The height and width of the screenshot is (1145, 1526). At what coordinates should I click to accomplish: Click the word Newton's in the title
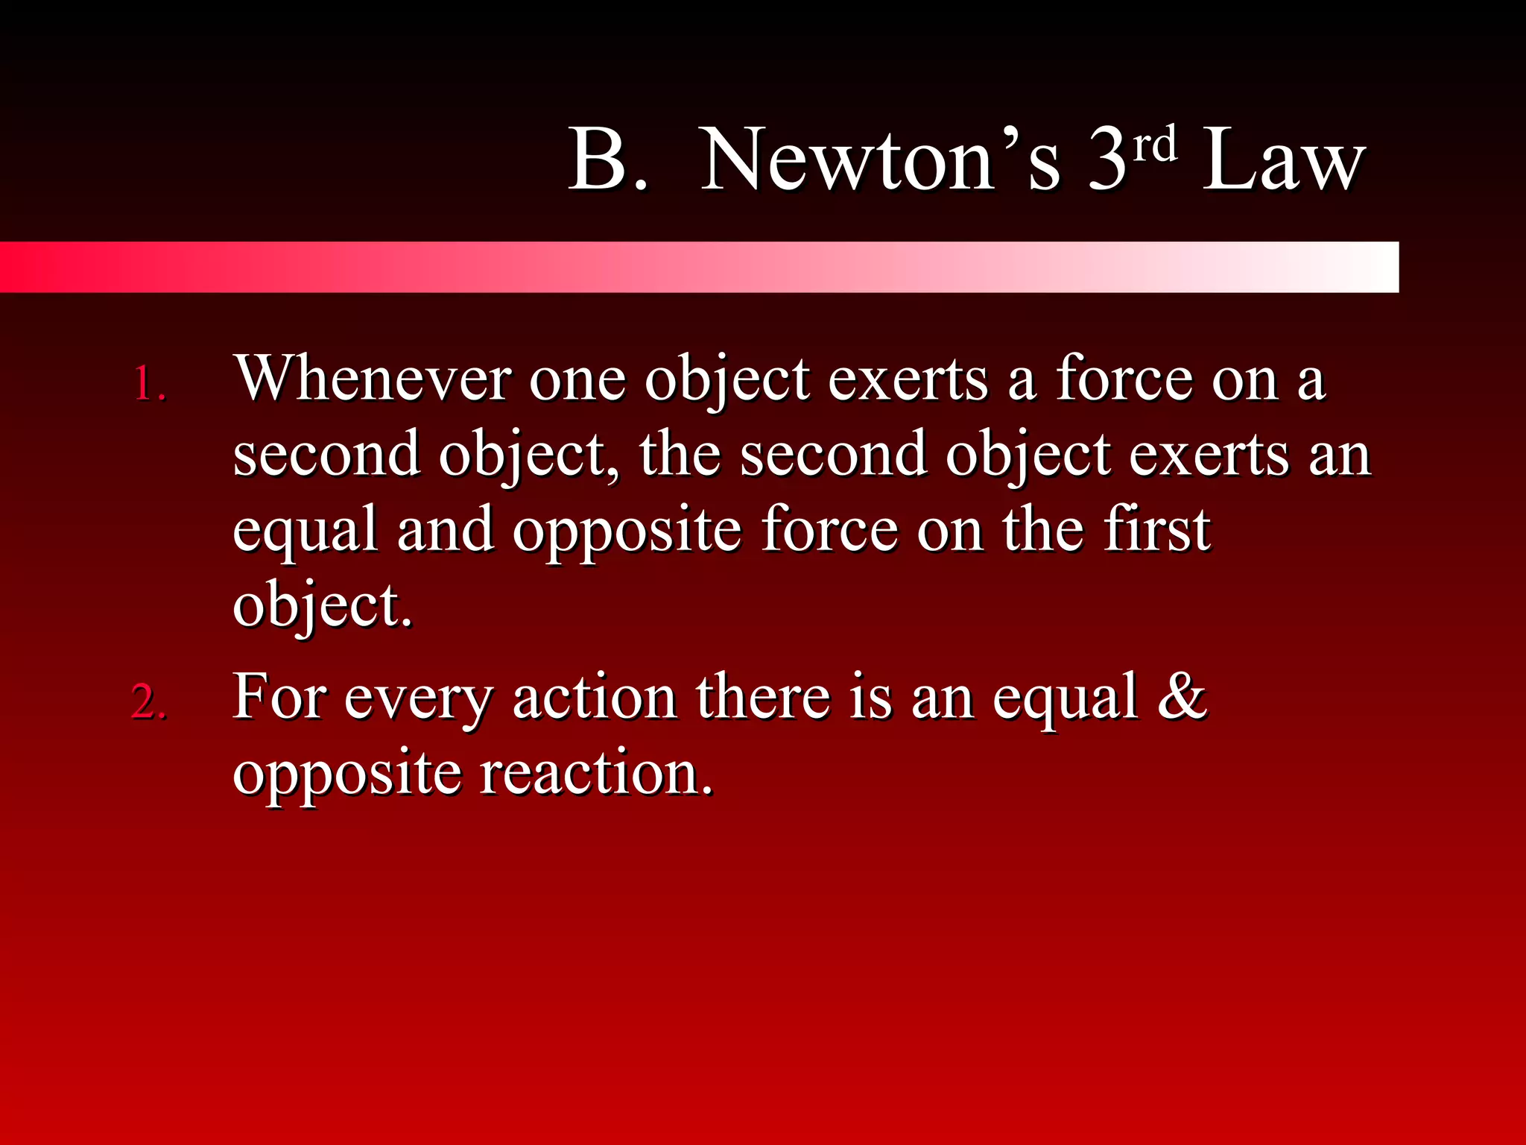(879, 160)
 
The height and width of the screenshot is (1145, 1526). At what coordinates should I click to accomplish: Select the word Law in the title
(1283, 160)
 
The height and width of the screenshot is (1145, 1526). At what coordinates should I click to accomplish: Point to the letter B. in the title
(607, 160)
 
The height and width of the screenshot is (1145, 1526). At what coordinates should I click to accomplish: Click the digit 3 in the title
(1107, 160)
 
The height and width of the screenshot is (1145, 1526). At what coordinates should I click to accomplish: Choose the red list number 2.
(149, 702)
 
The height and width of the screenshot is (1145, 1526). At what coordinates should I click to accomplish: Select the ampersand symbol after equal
(1182, 696)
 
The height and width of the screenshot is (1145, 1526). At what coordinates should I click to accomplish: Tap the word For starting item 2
(279, 696)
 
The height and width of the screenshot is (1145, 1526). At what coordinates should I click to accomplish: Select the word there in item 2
(763, 696)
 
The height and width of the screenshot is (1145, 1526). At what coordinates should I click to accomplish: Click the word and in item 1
(445, 529)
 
